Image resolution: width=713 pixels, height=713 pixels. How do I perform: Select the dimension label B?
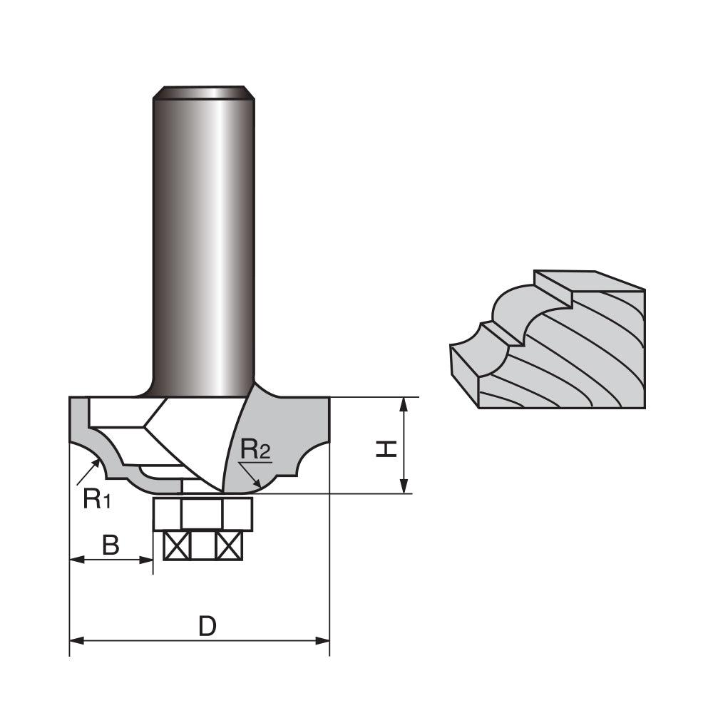(x=111, y=545)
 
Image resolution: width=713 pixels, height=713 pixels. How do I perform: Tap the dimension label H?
(x=386, y=448)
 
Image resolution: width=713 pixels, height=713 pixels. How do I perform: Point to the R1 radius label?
(x=97, y=498)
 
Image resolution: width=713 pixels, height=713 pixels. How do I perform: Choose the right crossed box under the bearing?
(x=230, y=546)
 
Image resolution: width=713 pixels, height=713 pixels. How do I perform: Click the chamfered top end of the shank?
(x=204, y=92)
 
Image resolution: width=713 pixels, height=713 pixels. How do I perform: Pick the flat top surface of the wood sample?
(x=588, y=281)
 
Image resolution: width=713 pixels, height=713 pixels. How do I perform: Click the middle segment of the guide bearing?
(x=202, y=513)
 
